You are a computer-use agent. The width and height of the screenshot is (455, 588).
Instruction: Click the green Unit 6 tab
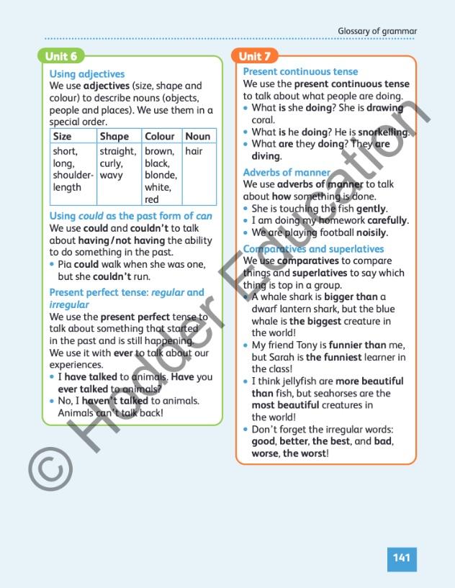(x=61, y=56)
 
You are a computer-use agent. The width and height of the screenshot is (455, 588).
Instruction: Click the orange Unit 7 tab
(x=255, y=56)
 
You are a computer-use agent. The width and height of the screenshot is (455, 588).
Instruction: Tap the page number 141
(x=402, y=557)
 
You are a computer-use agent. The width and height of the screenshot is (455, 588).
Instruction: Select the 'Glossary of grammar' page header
(x=377, y=31)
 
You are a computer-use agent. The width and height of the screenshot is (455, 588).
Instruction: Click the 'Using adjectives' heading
(x=86, y=73)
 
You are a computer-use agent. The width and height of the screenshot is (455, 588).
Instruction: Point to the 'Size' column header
(x=63, y=136)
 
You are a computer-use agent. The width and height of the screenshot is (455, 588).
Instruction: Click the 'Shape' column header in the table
(x=114, y=136)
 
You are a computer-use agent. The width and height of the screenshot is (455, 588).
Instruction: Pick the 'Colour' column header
(x=160, y=136)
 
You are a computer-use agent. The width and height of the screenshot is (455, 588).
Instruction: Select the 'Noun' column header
(x=198, y=136)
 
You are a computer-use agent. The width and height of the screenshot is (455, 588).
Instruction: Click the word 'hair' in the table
(x=194, y=151)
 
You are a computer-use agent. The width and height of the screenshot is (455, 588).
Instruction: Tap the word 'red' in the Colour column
(x=152, y=199)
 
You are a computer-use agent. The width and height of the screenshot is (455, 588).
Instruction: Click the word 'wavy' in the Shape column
(x=111, y=176)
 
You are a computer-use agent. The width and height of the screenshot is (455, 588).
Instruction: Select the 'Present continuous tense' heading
(x=300, y=71)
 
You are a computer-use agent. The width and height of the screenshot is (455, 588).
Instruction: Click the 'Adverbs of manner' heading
(x=286, y=173)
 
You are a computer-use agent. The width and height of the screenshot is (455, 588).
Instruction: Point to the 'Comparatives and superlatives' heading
(x=313, y=249)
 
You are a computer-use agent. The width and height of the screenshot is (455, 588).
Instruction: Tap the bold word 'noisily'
(x=372, y=232)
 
